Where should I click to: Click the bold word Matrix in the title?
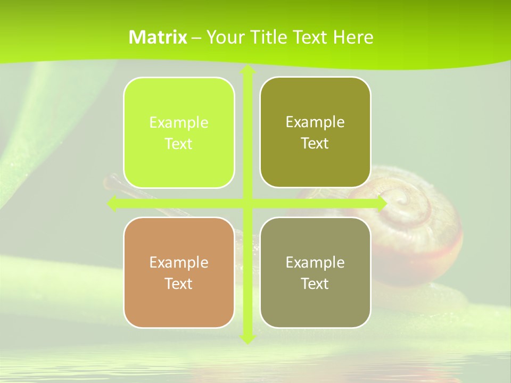pos(158,37)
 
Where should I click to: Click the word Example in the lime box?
pos(179,123)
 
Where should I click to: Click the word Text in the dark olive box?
pos(315,144)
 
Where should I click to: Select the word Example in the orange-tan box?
pos(179,263)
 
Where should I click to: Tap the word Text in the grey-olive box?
pos(315,284)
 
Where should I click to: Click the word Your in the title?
pos(224,37)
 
